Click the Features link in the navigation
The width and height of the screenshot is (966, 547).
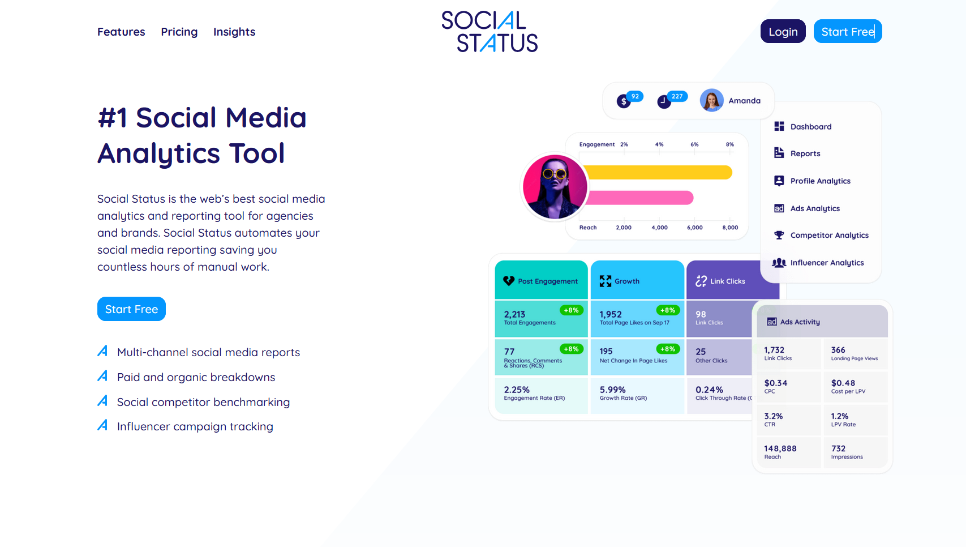(x=121, y=32)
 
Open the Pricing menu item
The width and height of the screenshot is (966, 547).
(x=179, y=32)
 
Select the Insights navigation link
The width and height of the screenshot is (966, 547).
(x=234, y=32)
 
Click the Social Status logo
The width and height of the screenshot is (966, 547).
(x=490, y=32)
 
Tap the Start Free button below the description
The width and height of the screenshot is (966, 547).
(x=131, y=309)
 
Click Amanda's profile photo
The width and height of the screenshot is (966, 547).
(x=711, y=101)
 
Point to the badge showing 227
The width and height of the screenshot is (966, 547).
(x=677, y=96)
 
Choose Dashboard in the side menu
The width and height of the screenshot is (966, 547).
(x=810, y=127)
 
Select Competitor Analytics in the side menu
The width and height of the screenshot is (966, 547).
(x=829, y=236)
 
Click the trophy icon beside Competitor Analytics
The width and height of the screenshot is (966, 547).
(x=779, y=235)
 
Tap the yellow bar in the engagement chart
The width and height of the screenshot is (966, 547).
(x=656, y=172)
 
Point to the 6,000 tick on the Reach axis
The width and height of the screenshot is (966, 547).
(x=694, y=227)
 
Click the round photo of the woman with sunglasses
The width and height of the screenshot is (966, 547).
(x=555, y=187)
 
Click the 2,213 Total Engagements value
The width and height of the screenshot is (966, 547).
(x=514, y=314)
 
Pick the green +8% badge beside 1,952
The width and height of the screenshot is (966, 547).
(x=668, y=310)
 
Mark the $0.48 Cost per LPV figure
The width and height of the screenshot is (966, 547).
(x=843, y=383)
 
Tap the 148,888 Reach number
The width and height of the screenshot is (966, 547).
(x=780, y=448)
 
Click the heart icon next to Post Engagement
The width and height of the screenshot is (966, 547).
(x=509, y=281)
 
